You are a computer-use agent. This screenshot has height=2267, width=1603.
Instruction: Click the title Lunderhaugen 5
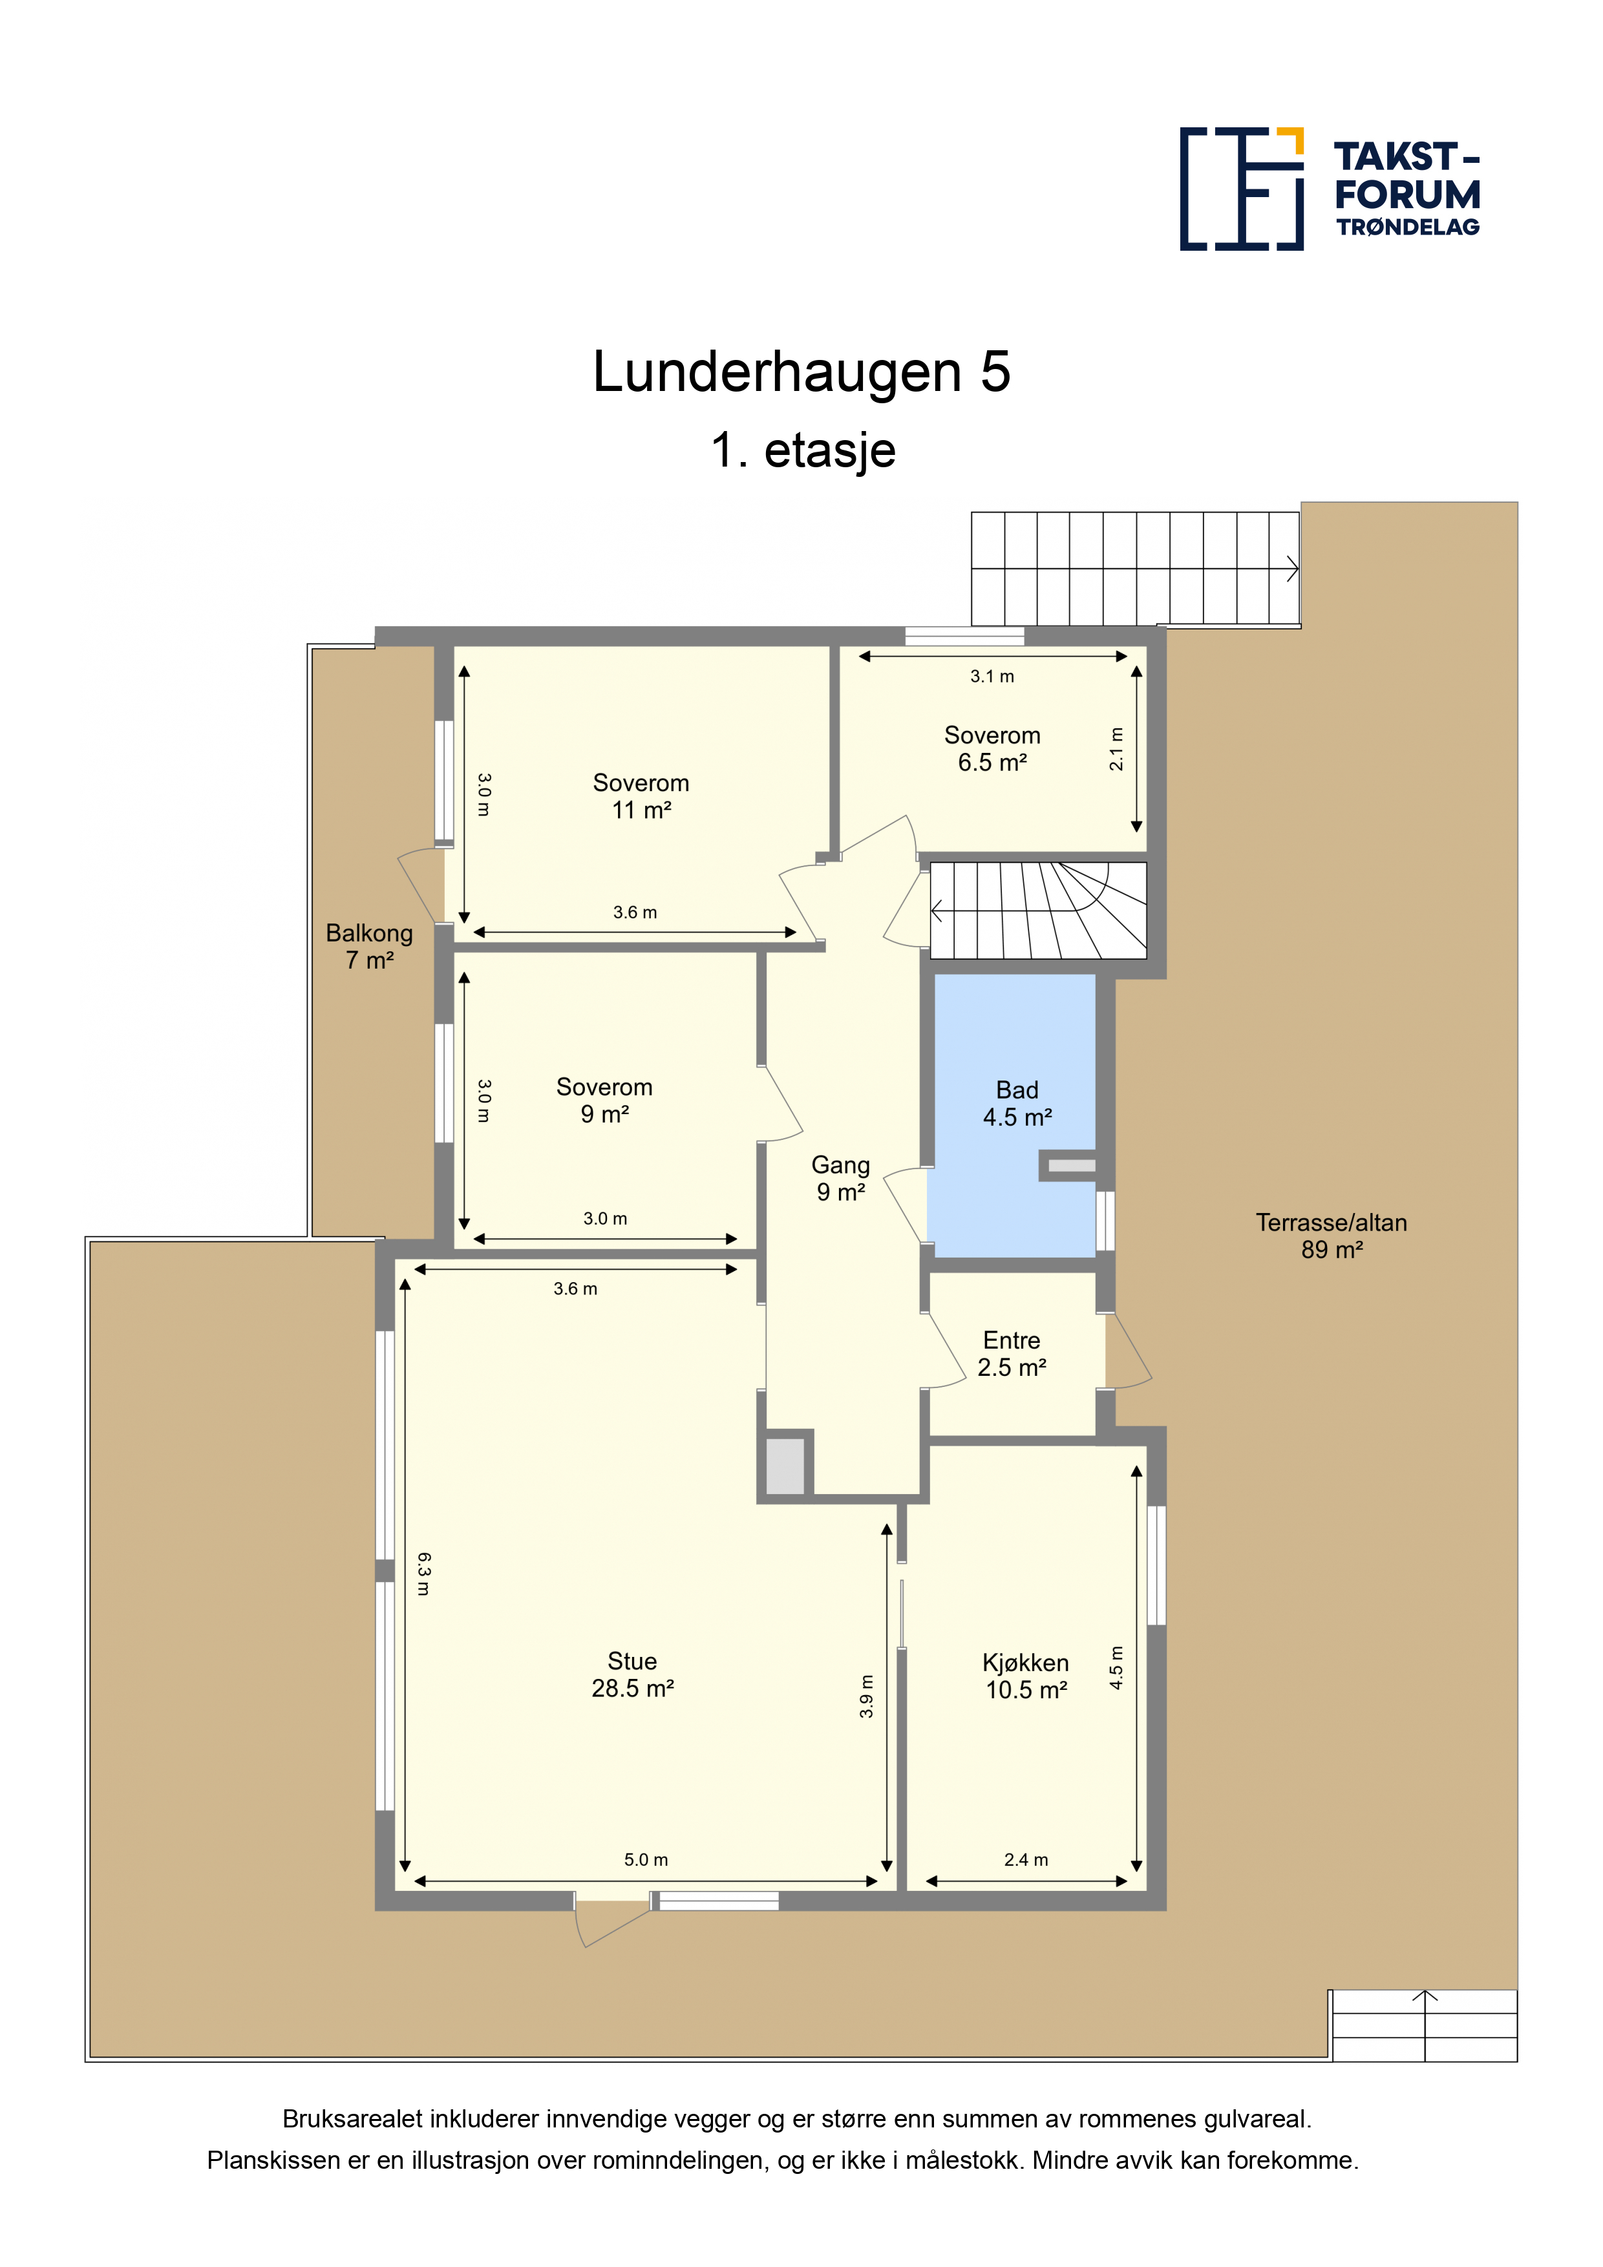pos(801,372)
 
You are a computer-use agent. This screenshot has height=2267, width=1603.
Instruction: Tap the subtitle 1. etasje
pos(803,450)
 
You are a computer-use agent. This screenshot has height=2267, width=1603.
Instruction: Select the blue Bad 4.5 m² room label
pos(1017,1104)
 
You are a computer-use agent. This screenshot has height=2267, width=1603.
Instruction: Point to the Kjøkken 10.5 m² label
pos(1026,1676)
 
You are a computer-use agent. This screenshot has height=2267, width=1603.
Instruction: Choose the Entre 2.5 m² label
pos(1012,1354)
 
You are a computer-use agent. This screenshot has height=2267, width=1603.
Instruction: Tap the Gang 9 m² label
pos(840,1179)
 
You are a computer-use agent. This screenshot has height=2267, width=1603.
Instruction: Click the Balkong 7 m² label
pos(369,946)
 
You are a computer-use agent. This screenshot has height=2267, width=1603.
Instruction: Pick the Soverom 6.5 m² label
pos(993,748)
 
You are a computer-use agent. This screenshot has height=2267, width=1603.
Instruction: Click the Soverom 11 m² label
pos(641,796)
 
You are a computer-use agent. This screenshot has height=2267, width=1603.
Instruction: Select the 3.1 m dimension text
pos(993,677)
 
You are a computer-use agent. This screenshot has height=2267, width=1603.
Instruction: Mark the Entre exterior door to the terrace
pos(1126,1351)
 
